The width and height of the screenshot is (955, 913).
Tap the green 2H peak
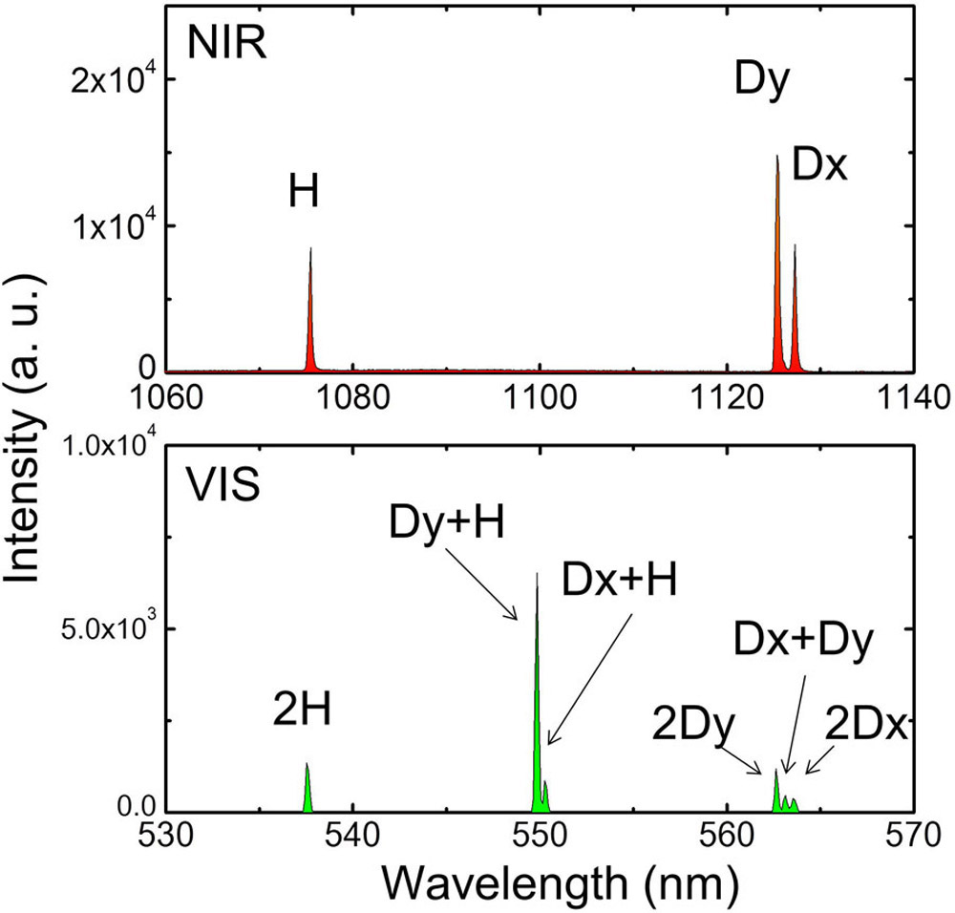pyautogui.click(x=308, y=789)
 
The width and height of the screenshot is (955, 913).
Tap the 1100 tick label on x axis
pyautogui.click(x=539, y=395)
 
